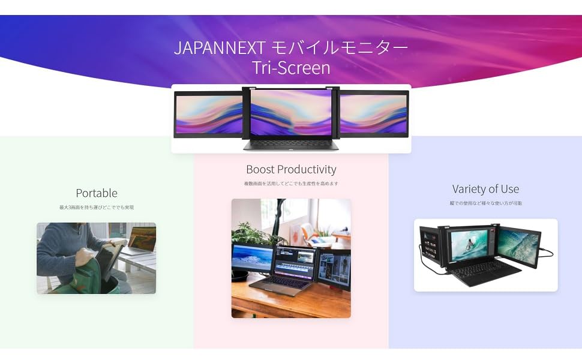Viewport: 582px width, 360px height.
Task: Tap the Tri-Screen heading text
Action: tap(291, 67)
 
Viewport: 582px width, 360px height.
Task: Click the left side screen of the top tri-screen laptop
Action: tap(208, 113)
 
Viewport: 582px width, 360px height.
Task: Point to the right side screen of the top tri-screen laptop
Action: tap(373, 113)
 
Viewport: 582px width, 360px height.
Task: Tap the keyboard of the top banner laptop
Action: tap(291, 144)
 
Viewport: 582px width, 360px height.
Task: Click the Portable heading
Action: tap(97, 193)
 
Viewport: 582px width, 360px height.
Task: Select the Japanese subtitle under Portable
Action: tap(97, 208)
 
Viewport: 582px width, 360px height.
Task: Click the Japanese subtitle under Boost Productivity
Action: tap(291, 184)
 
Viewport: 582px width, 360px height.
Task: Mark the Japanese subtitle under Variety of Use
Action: tap(486, 203)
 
